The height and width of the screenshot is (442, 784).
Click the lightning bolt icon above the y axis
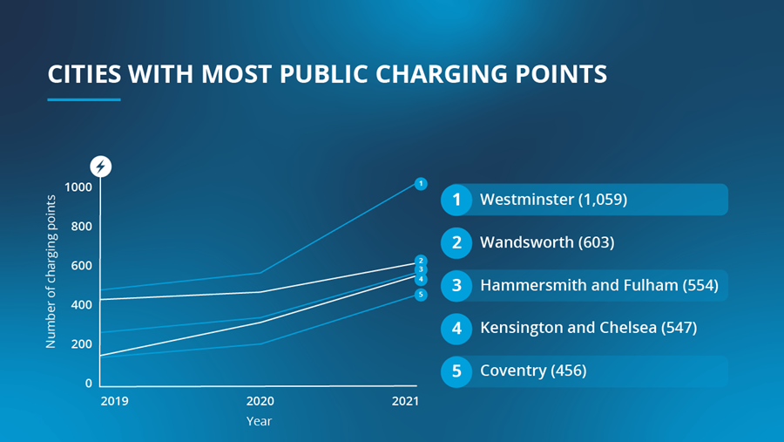point(101,166)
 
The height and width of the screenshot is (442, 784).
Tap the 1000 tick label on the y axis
point(78,187)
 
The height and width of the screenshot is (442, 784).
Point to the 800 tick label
point(81,227)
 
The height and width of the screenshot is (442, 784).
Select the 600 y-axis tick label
point(81,266)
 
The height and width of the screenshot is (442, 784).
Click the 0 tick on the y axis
point(88,384)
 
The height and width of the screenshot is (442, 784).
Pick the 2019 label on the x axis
point(113,401)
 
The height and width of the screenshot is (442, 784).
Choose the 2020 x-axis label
point(260,401)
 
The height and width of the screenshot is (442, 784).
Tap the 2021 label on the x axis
point(405,401)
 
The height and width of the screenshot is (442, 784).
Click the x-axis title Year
point(259,421)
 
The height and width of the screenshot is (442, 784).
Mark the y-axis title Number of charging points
point(51,272)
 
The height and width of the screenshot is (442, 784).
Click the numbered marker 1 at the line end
point(420,183)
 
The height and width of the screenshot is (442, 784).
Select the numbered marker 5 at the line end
point(420,295)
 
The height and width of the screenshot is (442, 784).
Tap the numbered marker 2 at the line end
point(420,260)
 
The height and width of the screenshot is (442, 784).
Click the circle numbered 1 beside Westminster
point(456,201)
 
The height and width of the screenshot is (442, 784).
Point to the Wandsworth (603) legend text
point(547,242)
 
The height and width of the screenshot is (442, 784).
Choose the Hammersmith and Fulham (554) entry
point(598,285)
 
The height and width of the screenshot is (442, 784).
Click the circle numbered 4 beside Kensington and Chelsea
point(456,328)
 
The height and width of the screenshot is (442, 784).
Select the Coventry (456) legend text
point(533,371)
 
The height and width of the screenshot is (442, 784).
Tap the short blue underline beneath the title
point(84,99)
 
